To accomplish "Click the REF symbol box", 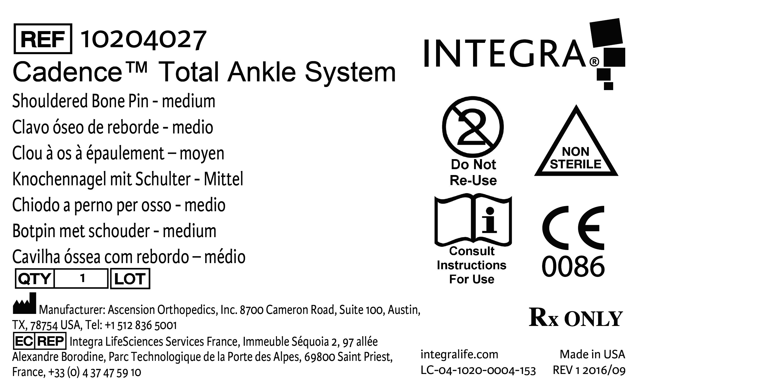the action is point(43,39).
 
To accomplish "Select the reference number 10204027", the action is point(143,40).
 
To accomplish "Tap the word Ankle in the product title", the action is point(262,72).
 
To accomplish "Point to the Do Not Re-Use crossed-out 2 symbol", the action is point(473,127).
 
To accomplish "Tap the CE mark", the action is point(573,228).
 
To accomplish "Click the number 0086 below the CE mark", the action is point(573,267).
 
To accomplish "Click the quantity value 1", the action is point(82,278).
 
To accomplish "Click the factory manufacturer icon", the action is point(24,303).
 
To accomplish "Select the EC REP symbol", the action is point(40,341).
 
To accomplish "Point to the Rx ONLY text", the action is point(576,317).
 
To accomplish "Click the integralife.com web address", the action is point(459,354).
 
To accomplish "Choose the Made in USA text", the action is point(592,354).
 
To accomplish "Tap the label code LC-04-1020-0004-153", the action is point(478,371).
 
